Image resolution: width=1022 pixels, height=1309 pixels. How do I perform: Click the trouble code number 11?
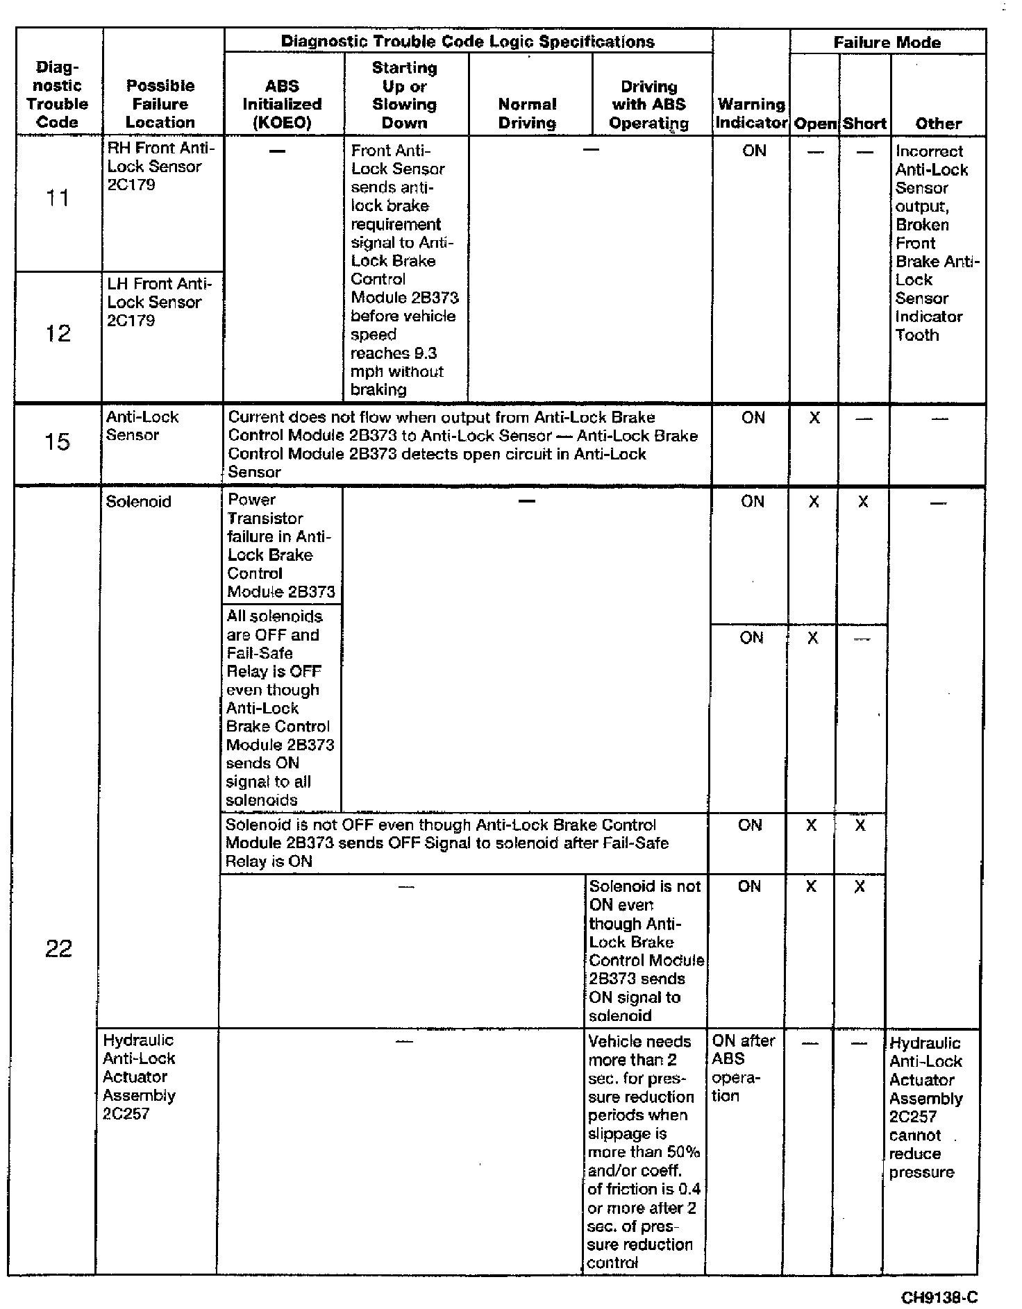[58, 199]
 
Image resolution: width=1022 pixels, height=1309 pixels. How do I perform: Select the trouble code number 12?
[58, 334]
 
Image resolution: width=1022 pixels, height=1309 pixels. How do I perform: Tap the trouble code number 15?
[58, 441]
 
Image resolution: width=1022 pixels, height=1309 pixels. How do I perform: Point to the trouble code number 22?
[58, 949]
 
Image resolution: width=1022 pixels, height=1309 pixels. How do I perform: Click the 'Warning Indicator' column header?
[751, 114]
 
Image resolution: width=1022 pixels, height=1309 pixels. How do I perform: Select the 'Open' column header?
[815, 124]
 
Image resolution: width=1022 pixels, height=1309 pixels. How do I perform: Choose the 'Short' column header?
[864, 124]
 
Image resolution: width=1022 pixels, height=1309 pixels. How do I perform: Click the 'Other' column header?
[938, 124]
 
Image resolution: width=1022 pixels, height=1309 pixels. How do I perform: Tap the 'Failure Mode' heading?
[887, 42]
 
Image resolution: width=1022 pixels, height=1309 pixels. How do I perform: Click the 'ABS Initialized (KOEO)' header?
[282, 104]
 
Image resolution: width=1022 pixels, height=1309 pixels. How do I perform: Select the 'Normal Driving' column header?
[527, 114]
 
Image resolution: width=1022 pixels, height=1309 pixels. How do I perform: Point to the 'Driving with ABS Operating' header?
[649, 105]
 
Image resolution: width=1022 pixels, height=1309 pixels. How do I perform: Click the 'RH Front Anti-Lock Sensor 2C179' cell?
[161, 167]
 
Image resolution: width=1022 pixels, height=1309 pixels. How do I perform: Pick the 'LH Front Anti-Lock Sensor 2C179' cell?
[159, 302]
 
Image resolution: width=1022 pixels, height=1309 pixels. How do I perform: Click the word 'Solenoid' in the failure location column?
[138, 502]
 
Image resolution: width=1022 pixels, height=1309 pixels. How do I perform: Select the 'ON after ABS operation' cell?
[742, 1068]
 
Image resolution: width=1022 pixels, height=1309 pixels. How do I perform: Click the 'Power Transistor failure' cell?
[280, 546]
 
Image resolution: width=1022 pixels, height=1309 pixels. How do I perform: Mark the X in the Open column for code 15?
[814, 418]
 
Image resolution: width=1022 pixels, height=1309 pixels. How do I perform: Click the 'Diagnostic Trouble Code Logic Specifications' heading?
[467, 42]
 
